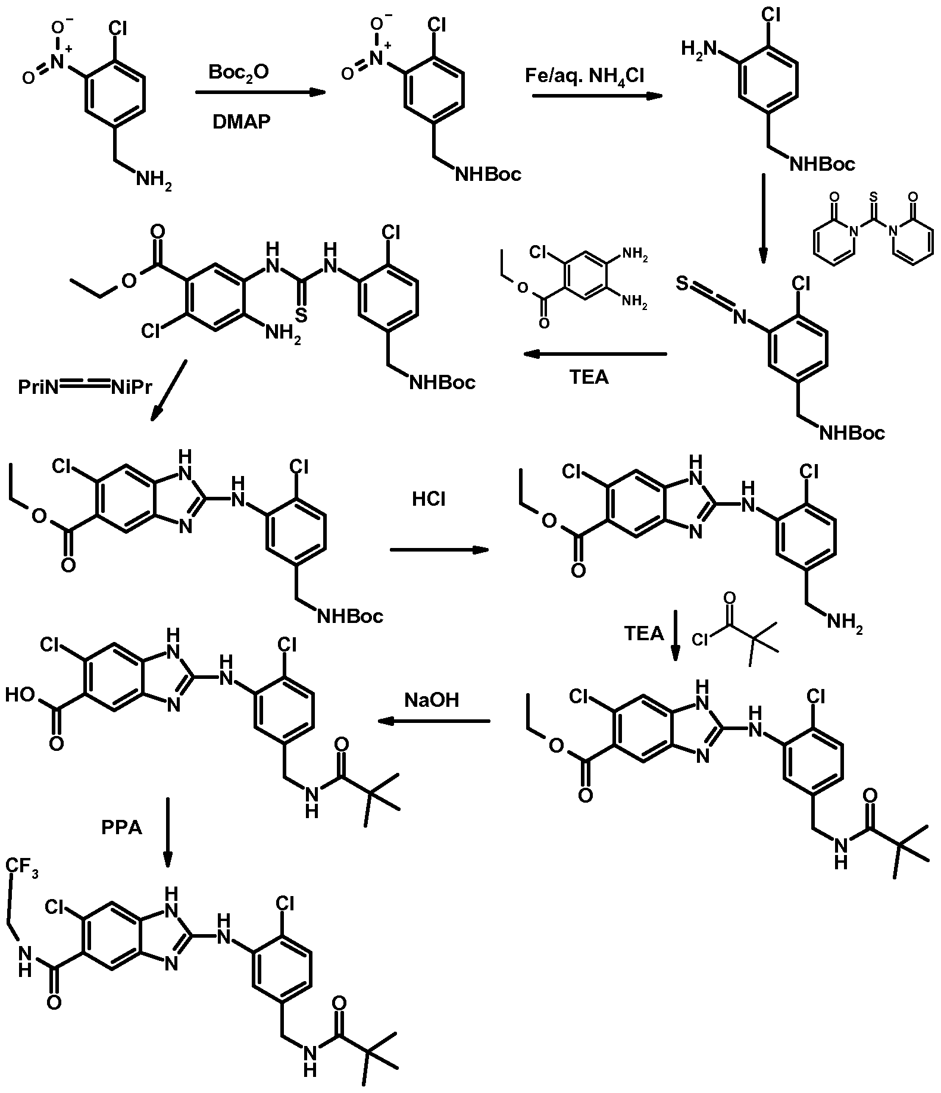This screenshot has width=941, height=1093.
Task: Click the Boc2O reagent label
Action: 238,73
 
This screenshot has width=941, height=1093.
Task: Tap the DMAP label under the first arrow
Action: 241,121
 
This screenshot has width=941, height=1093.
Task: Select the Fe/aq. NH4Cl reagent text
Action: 584,76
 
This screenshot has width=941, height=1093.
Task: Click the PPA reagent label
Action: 121,827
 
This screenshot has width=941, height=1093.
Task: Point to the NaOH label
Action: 432,700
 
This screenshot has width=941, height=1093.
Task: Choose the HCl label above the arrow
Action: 429,499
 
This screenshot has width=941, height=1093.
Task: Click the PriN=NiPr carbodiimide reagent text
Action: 85,387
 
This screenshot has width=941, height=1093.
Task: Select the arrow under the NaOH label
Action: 434,721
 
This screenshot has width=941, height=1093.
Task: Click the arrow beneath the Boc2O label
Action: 261,92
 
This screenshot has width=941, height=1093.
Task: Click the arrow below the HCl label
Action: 439,550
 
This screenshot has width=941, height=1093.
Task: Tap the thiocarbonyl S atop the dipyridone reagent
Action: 873,196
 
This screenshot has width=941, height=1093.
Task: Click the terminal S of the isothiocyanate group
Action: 683,285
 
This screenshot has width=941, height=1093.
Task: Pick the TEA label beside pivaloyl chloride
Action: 643,633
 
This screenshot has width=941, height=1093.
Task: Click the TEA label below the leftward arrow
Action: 589,377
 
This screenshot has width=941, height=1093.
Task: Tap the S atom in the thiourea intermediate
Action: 301,315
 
